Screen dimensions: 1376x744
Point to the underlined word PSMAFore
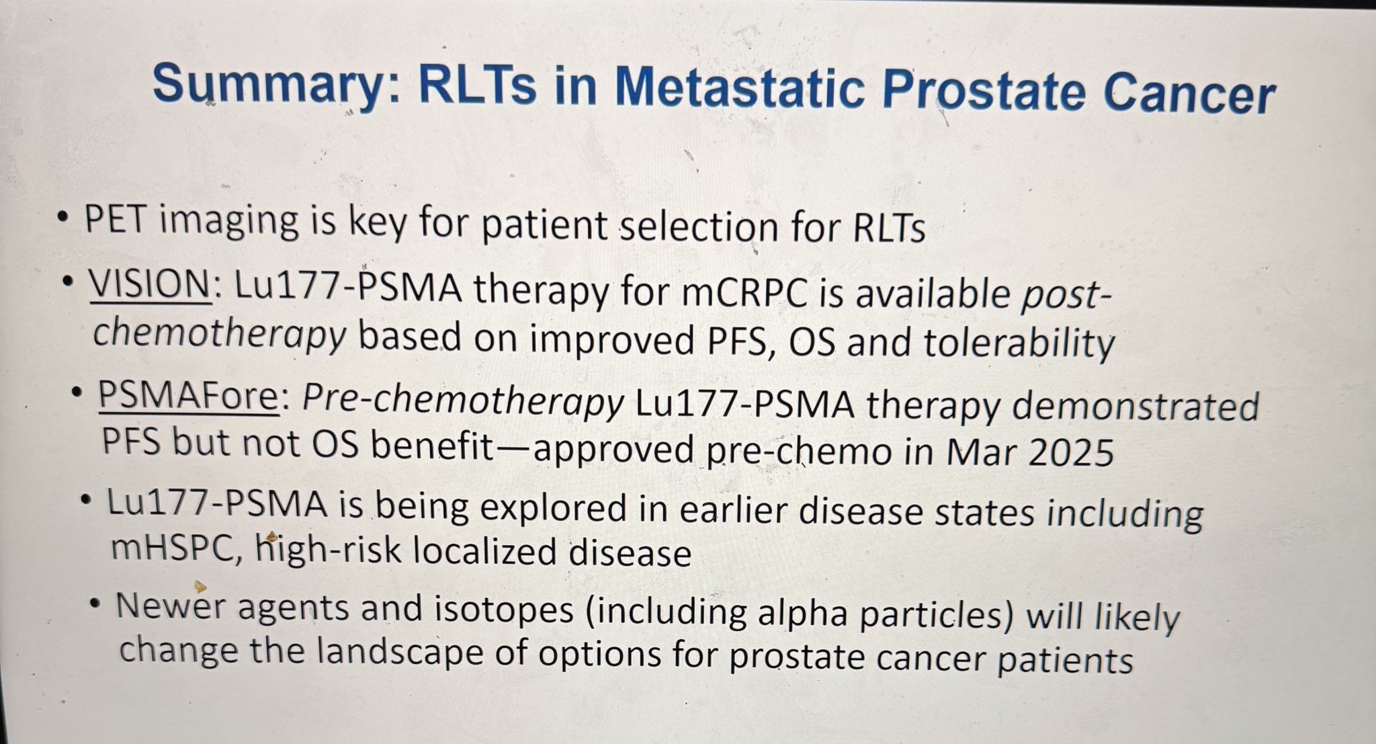click(188, 397)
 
